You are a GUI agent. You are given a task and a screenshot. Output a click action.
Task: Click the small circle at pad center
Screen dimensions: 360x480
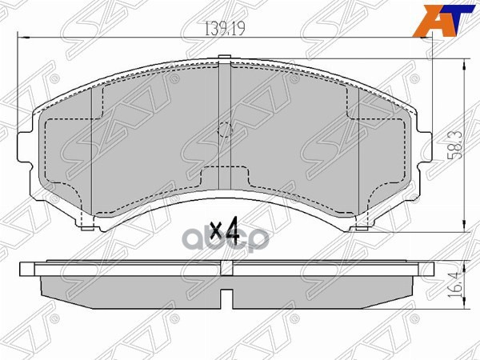point(226,128)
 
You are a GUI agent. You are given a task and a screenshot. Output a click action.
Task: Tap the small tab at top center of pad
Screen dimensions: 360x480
point(226,58)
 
